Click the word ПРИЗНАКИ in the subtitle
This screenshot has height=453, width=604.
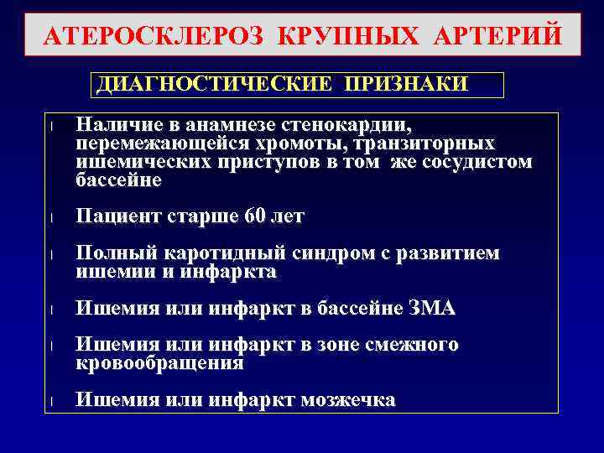406,85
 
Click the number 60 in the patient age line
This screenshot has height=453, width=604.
253,216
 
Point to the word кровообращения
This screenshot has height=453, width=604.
159,363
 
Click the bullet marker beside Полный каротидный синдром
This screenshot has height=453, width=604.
52,255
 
